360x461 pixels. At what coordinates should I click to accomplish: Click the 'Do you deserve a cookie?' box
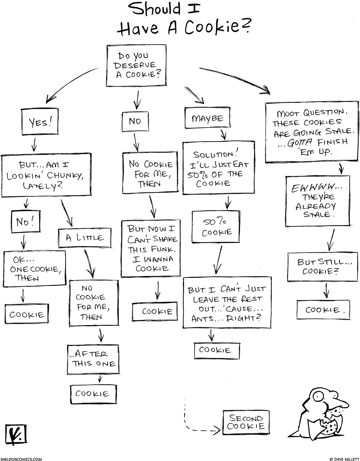pyautogui.click(x=136, y=65)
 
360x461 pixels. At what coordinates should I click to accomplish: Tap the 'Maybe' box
pyautogui.click(x=207, y=118)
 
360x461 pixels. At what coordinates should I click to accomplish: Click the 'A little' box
pyautogui.click(x=84, y=237)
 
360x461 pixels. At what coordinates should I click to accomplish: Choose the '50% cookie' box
pyautogui.click(x=217, y=227)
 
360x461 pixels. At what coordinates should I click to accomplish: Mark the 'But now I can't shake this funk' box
pyautogui.click(x=150, y=248)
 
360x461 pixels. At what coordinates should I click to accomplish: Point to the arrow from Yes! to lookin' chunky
pyautogui.click(x=34, y=143)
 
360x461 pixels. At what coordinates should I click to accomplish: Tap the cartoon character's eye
pyautogui.click(x=319, y=396)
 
